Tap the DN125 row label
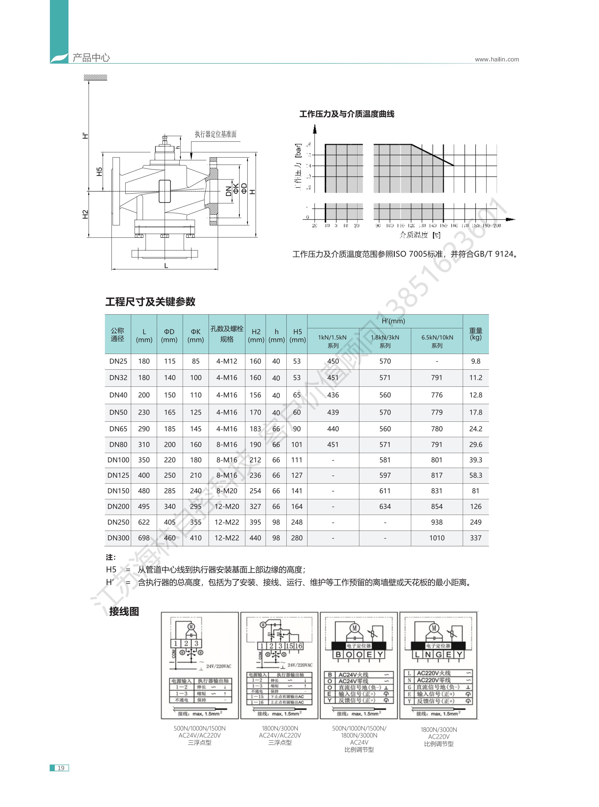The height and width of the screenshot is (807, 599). [x=118, y=475]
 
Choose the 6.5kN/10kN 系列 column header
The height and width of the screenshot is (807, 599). [x=437, y=341]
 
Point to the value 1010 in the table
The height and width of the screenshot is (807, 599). [x=437, y=538]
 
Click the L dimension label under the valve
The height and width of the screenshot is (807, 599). [x=166, y=266]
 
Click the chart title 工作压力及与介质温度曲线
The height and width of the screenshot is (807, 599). [x=347, y=114]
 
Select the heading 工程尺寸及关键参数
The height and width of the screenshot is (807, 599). [x=150, y=302]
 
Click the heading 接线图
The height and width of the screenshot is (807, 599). [x=124, y=612]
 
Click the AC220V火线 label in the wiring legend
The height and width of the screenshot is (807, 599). [x=433, y=673]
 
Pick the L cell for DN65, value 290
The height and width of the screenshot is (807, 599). [x=144, y=429]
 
